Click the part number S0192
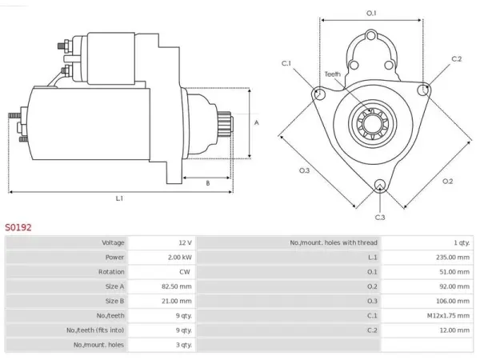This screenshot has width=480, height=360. click(18, 227)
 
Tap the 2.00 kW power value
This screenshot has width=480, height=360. click(180, 258)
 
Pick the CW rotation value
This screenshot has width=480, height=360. click(185, 272)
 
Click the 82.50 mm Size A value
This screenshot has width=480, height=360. click(177, 286)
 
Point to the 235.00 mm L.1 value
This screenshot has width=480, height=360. click(453, 258)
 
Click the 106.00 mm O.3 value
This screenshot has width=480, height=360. click(453, 302)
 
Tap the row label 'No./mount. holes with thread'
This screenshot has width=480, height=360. click(334, 242)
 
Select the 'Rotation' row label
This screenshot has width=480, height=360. click(111, 272)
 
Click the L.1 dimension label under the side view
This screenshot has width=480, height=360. click(119, 198)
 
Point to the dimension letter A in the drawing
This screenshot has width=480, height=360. click(257, 122)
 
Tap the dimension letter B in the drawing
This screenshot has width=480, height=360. click(207, 183)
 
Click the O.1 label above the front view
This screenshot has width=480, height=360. click(371, 13)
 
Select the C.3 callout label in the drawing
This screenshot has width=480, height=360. click(380, 218)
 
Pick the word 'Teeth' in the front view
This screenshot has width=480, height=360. click(333, 74)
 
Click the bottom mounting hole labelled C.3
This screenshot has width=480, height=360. click(380, 186)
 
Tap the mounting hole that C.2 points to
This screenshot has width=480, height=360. click(424, 90)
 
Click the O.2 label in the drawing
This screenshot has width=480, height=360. click(447, 182)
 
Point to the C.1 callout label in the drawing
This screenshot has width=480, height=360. click(286, 63)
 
